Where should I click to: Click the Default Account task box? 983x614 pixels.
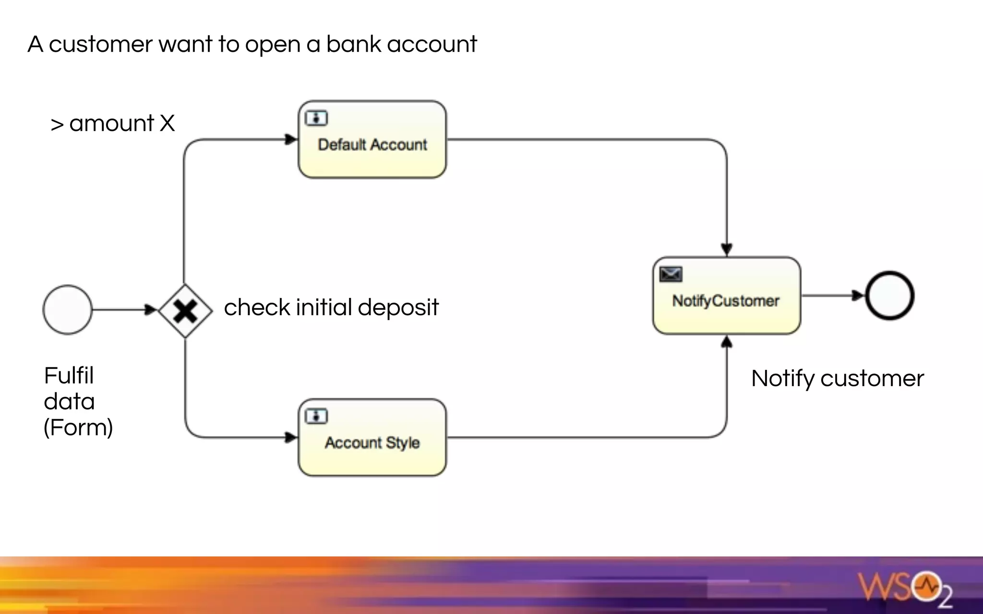pos(372,140)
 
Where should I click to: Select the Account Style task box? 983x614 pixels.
pos(372,437)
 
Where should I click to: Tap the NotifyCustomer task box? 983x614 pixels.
pos(726,295)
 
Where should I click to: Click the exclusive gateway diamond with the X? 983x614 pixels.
pos(185,311)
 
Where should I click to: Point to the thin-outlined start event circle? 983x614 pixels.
pos(67,310)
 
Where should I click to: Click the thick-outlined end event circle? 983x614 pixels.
pos(889,295)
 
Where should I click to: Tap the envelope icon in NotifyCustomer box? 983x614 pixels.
pos(671,274)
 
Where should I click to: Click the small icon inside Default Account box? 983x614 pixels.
pos(316,118)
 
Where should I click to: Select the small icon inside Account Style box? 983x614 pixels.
pos(316,416)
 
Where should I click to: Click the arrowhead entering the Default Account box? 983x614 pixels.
pos(291,140)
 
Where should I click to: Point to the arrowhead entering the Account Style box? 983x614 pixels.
pos(291,437)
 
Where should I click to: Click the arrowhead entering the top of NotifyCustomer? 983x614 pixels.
pos(727,249)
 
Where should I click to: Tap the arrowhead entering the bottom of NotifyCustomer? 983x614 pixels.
pos(727,342)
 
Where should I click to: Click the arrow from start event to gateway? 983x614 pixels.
pos(122,310)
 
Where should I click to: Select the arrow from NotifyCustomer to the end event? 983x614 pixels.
pos(833,295)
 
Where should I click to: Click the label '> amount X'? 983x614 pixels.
pos(112,123)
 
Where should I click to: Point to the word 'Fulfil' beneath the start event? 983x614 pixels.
pos(69,376)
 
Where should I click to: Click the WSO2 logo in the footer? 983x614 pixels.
pos(905,588)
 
